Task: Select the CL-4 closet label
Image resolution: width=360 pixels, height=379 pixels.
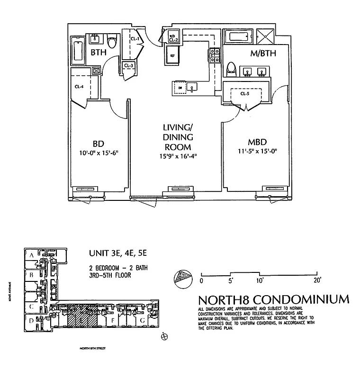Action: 79,86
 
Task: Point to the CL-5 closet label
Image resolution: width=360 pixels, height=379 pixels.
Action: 244,93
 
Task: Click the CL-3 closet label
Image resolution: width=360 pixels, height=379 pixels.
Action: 128,65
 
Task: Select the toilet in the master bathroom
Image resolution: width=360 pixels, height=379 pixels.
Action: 232,69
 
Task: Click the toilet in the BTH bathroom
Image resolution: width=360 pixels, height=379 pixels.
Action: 112,43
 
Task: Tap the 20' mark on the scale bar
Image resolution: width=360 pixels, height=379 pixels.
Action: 317,280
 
